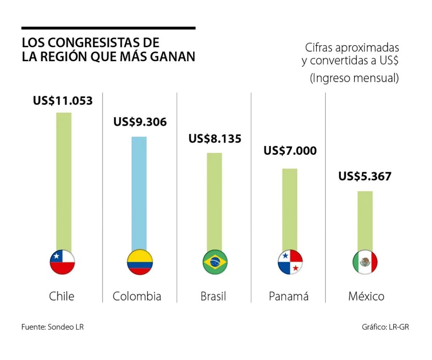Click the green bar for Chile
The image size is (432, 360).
[x=64, y=181]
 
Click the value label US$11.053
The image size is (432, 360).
[x=63, y=101]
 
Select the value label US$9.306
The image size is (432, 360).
[x=140, y=122]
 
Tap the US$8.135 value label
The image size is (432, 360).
[x=215, y=138]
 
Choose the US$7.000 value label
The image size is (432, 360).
[x=290, y=151]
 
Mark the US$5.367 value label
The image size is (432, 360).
[x=365, y=176]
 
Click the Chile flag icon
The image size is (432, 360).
[x=62, y=262]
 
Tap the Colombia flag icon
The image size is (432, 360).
[x=140, y=262]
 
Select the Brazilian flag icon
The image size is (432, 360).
[x=215, y=262]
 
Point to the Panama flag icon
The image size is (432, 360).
[x=290, y=262]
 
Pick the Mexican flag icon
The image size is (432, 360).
[x=365, y=262]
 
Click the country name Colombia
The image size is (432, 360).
[x=137, y=296]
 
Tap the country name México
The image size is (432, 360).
[x=366, y=296]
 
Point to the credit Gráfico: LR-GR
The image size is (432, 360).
[x=385, y=327]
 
